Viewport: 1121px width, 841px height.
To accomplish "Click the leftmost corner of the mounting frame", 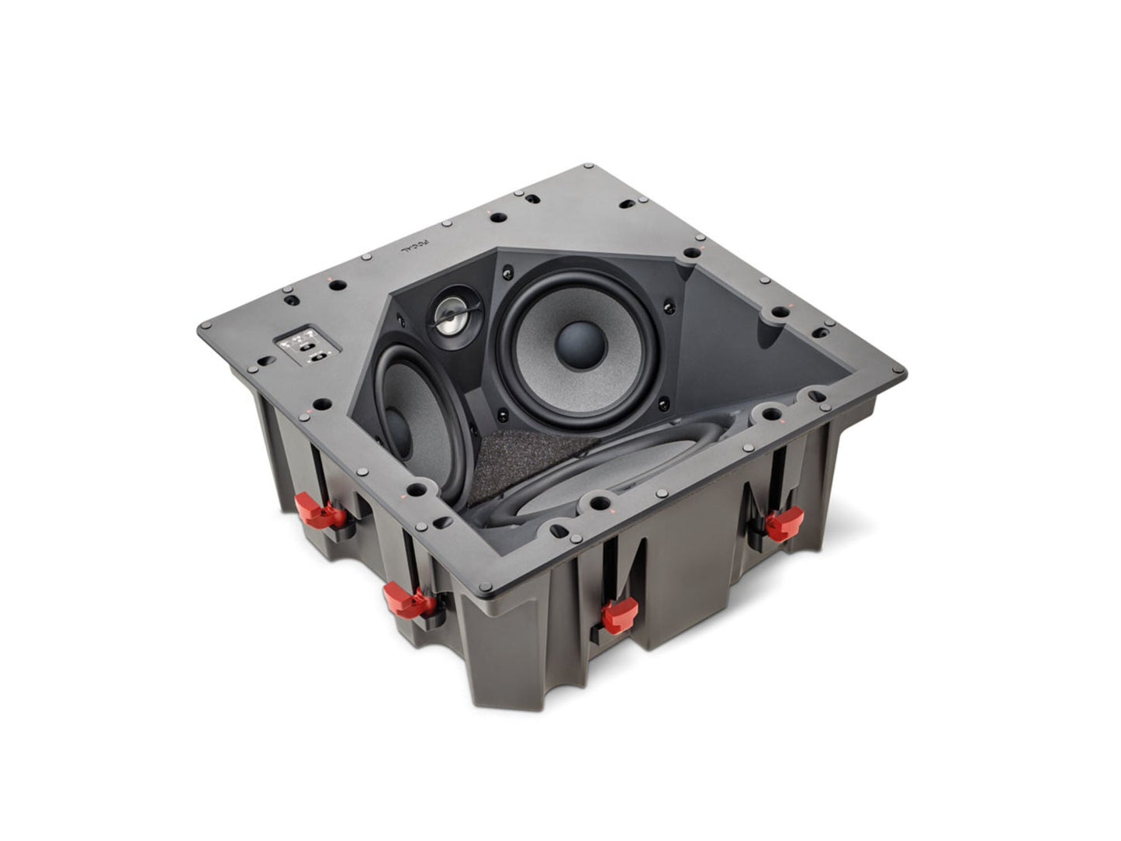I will [x=202, y=327].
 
